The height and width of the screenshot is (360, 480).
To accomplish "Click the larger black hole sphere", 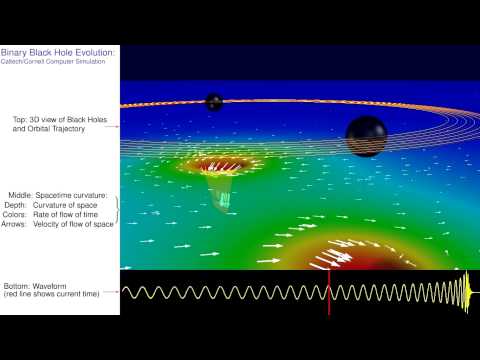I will click(x=365, y=132).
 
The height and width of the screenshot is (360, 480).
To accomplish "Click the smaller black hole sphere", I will click(x=214, y=101).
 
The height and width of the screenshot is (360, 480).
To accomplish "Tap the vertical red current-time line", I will click(x=329, y=291).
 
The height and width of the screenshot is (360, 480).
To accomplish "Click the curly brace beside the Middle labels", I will click(x=116, y=209).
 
